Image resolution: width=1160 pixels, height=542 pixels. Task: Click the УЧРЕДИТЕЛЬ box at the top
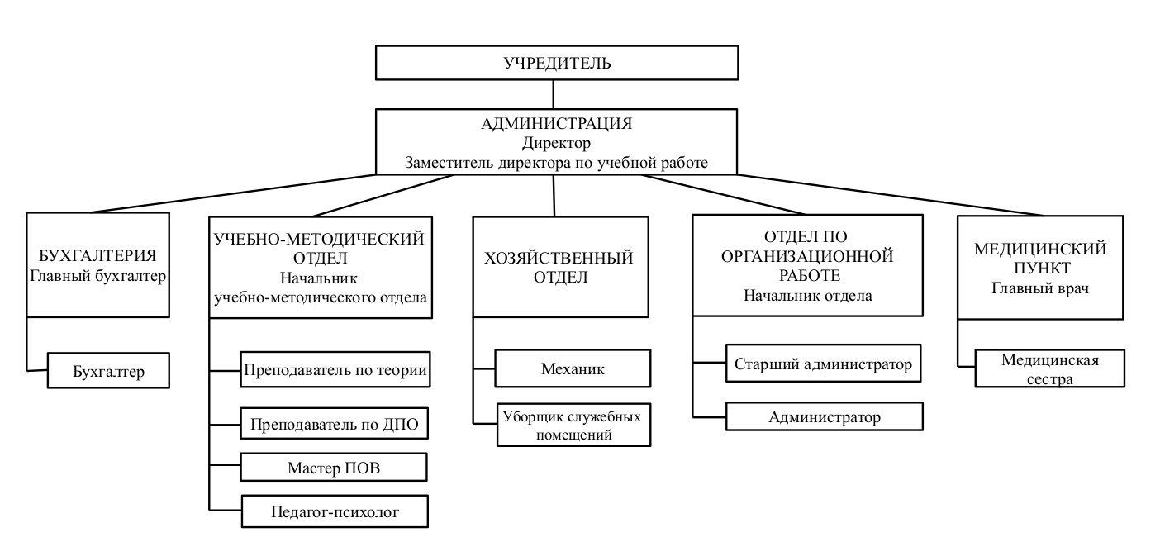(557, 63)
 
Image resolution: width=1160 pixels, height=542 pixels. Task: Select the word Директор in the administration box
(556, 142)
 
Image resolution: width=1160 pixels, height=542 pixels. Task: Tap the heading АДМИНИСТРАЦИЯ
(557, 124)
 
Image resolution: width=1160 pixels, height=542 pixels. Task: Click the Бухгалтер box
(108, 371)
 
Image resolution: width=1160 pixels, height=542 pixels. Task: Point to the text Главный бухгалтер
(97, 276)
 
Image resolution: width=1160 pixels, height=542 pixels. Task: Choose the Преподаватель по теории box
(335, 369)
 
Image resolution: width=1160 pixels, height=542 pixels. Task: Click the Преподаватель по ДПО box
(334, 424)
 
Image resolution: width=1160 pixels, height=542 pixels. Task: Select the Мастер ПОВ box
(334, 468)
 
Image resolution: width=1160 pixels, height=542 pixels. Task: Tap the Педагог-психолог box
(335, 511)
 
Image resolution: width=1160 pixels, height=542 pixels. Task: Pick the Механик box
(573, 368)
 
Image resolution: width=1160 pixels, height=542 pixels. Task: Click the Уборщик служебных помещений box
(573, 425)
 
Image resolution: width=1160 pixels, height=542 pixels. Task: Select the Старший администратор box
(824, 364)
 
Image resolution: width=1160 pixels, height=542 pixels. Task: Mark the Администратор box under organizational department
(825, 416)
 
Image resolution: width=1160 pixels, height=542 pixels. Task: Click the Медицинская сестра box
(1049, 368)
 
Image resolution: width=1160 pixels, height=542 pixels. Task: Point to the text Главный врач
(1040, 288)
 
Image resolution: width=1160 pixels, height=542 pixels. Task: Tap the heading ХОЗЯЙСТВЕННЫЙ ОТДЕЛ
(559, 267)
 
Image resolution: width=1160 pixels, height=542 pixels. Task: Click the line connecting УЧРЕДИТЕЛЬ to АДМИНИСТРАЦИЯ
(553, 94)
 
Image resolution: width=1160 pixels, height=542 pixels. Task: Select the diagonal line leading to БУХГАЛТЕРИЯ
(233, 193)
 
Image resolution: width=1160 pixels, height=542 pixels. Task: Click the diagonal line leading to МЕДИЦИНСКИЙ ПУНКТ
(891, 195)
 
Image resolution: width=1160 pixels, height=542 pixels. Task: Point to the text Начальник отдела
(808, 296)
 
